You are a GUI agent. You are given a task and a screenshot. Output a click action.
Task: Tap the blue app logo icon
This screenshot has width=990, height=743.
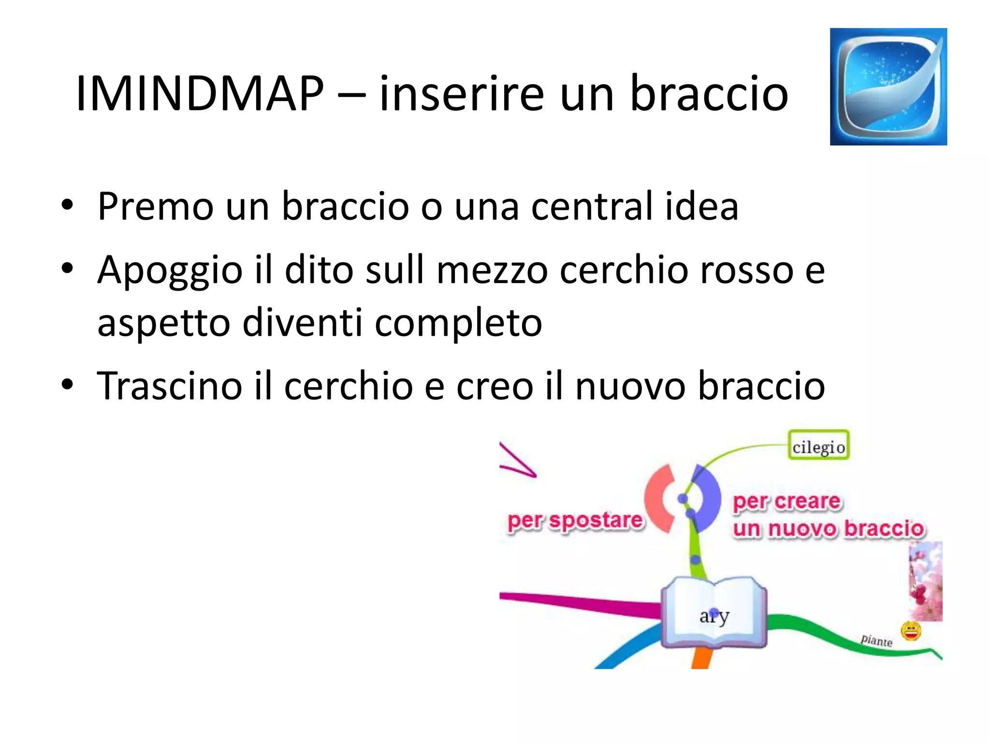click(x=888, y=87)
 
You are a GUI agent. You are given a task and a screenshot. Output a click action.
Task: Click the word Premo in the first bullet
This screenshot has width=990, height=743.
click(x=155, y=207)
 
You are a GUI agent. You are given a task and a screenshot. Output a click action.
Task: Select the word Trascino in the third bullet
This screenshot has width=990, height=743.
click(x=169, y=386)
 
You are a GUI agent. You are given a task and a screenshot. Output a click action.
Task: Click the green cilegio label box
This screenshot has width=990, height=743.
click(x=818, y=446)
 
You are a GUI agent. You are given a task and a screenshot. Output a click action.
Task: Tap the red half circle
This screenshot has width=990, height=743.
click(x=658, y=498)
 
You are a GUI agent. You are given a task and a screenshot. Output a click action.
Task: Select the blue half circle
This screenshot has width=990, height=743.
click(x=707, y=498)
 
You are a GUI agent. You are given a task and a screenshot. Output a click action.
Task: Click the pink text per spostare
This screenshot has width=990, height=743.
click(x=575, y=521)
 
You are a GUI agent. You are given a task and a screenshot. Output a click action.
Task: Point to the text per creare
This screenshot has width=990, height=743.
click(x=786, y=502)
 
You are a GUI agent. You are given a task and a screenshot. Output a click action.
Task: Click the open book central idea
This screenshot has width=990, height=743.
click(x=713, y=612)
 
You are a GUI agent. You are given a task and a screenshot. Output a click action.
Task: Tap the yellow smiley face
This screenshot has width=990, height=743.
click(x=911, y=631)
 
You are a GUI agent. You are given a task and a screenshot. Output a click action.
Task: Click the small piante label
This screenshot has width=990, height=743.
click(x=876, y=640)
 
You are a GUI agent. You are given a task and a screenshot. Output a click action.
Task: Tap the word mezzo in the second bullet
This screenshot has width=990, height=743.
click(x=492, y=270)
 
